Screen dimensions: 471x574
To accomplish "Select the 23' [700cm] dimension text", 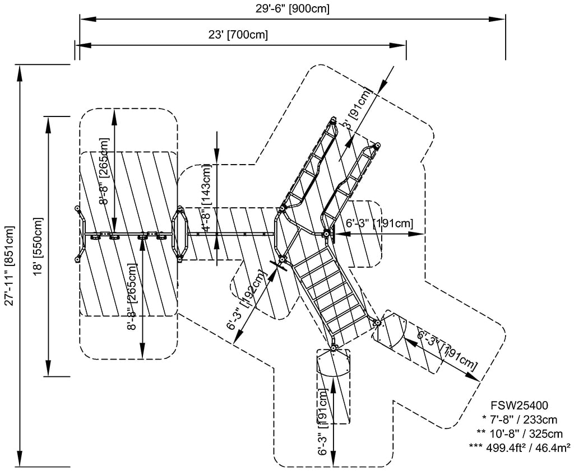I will click(x=238, y=35).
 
